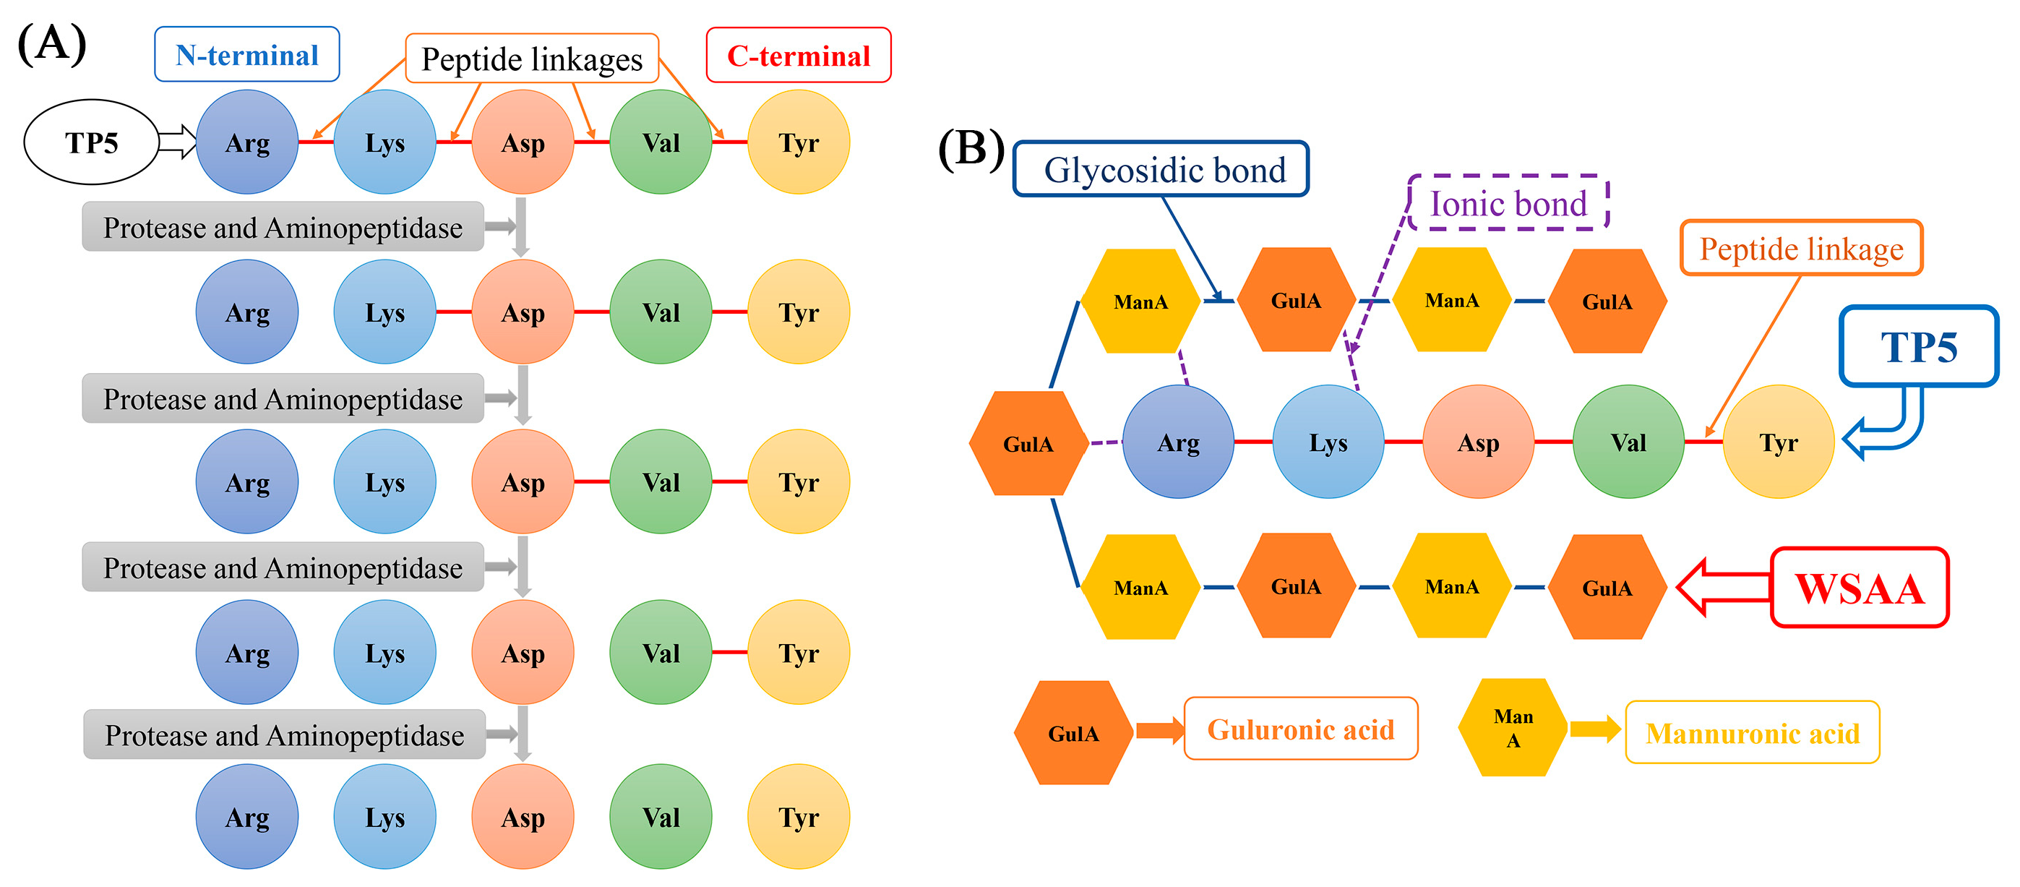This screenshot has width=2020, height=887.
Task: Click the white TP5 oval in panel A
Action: (91, 142)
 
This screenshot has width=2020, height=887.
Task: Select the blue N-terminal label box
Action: (247, 55)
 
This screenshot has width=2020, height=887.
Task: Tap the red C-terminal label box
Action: (799, 56)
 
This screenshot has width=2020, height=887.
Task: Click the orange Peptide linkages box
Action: (532, 59)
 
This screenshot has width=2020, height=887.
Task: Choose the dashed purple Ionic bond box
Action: (1508, 203)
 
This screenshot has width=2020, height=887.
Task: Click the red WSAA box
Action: (1860, 588)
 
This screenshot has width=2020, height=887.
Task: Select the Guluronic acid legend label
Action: (1300, 729)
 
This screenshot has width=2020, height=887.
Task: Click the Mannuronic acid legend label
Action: (1752, 733)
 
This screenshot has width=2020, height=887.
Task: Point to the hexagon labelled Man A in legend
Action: (1513, 728)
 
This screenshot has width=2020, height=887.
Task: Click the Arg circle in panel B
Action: (1178, 442)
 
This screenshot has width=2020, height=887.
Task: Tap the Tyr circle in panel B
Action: (1778, 442)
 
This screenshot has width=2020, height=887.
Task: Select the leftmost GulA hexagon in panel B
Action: (1028, 444)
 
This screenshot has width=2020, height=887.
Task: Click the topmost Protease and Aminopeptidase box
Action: (283, 228)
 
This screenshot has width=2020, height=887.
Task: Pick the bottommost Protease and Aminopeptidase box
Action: (284, 735)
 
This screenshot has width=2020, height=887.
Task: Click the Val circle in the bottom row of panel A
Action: (661, 817)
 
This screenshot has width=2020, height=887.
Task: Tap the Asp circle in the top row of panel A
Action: (523, 142)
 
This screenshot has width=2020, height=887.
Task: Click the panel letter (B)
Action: (971, 147)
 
